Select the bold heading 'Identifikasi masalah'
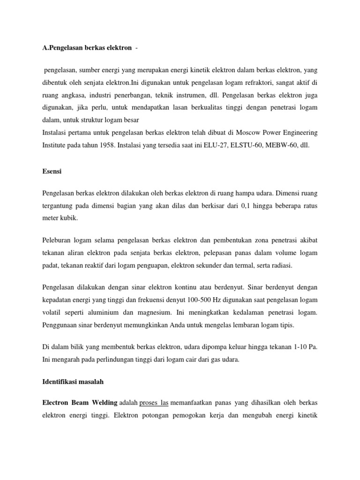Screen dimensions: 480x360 (x=73, y=382)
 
